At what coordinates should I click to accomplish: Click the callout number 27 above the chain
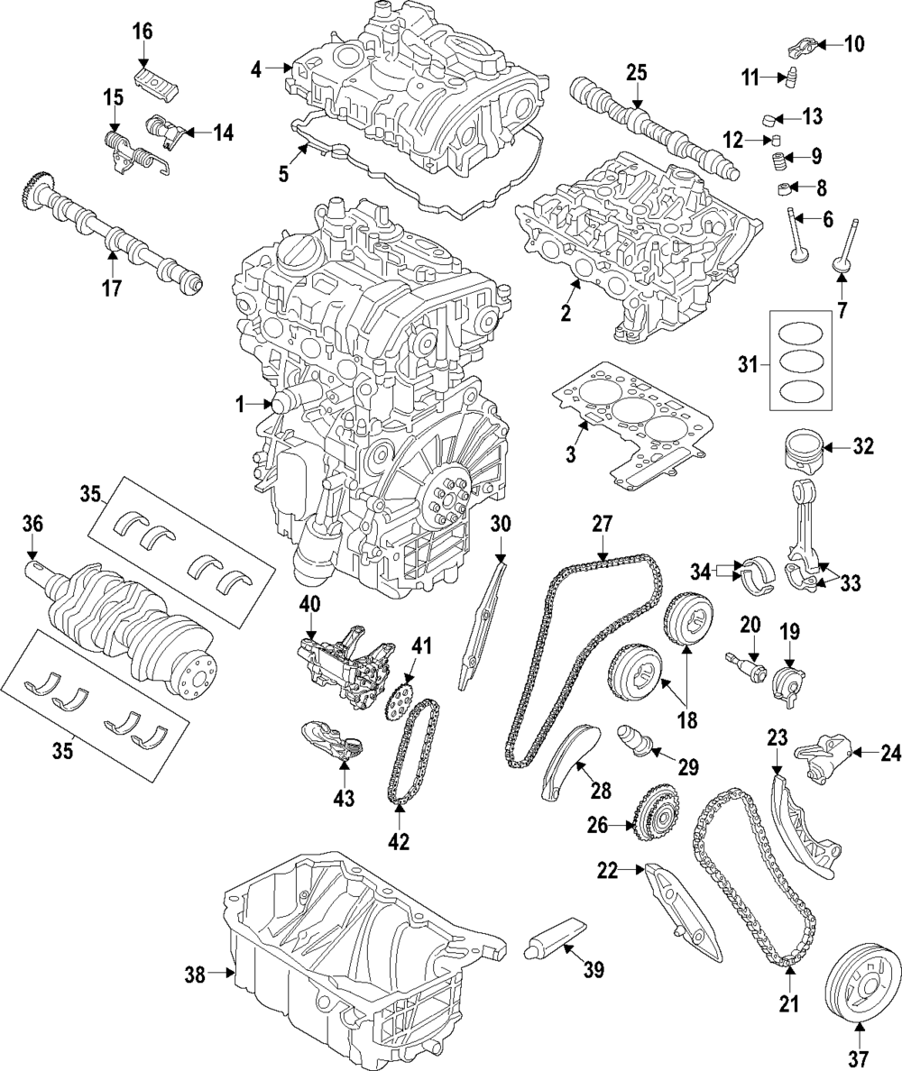[x=602, y=524]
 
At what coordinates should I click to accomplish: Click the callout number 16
[x=143, y=32]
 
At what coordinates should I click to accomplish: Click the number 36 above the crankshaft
[x=32, y=523]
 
